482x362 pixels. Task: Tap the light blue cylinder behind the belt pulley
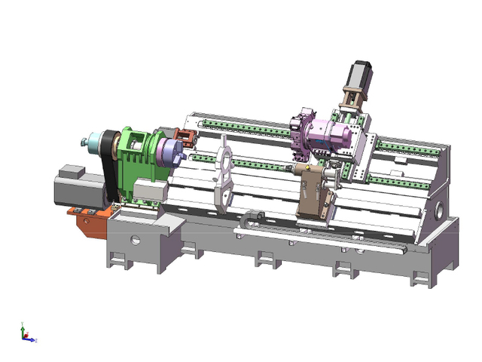(x=94, y=141)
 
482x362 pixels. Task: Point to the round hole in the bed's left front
(x=136, y=241)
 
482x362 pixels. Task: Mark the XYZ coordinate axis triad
(x=26, y=333)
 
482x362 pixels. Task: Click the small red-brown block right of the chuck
(x=187, y=140)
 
